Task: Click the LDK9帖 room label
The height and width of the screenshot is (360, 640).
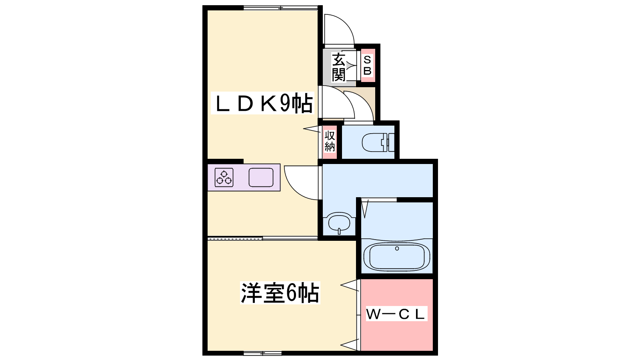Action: (262, 103)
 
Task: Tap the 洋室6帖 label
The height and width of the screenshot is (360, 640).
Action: (280, 293)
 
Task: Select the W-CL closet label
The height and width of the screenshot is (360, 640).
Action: (396, 314)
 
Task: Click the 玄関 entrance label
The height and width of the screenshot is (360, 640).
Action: (338, 67)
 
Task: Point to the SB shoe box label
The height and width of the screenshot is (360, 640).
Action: (368, 66)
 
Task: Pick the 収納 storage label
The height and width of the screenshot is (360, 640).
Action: (330, 141)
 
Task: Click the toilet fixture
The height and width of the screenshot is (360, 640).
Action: (378, 142)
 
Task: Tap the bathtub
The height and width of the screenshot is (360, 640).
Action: (396, 256)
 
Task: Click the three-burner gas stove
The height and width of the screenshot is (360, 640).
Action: (224, 178)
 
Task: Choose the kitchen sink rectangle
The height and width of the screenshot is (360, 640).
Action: (261, 178)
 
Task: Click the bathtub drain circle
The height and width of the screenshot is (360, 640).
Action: (397, 248)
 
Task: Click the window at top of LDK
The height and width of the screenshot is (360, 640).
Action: (281, 8)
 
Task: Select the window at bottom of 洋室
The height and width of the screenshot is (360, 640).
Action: (262, 354)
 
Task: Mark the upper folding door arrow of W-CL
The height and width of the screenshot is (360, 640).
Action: (350, 285)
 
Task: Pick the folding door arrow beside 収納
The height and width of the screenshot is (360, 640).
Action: (312, 129)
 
